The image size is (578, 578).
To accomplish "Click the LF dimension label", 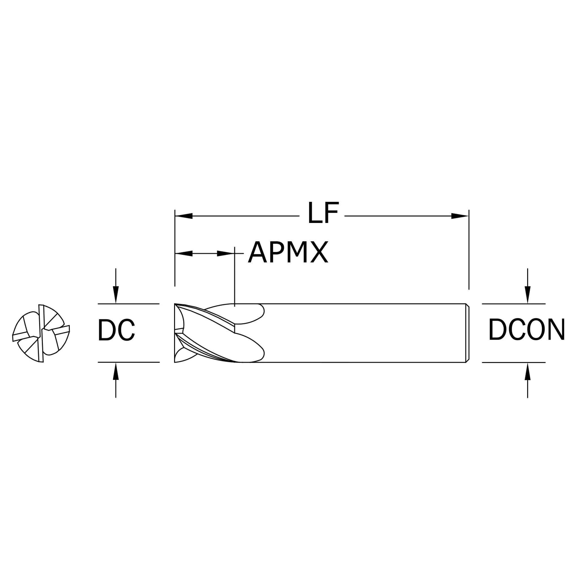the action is (x=323, y=213).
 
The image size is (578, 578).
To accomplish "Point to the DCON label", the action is (x=527, y=329).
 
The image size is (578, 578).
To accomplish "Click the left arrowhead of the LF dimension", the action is (x=184, y=216).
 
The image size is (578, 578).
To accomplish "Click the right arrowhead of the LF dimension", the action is (x=460, y=216).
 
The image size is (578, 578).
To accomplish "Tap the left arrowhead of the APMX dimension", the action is (x=184, y=254).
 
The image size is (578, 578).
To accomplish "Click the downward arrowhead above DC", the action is (x=116, y=295).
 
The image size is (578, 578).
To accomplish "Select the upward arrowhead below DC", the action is (x=116, y=371).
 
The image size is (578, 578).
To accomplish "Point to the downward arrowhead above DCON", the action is (x=528, y=295).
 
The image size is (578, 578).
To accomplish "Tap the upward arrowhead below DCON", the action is (x=528, y=372).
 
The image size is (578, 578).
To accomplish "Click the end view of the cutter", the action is (x=41, y=333).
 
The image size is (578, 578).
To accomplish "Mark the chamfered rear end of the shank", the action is (x=467, y=333).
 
